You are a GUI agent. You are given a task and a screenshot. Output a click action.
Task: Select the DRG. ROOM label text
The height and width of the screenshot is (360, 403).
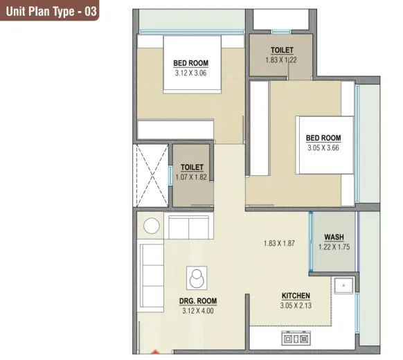(197, 301)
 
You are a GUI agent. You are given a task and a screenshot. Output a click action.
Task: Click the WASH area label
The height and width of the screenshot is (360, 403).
(333, 237)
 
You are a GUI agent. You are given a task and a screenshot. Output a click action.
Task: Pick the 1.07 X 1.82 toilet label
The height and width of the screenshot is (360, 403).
(192, 177)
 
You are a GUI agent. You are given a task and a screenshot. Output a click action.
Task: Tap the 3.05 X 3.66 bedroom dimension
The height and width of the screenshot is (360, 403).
(323, 147)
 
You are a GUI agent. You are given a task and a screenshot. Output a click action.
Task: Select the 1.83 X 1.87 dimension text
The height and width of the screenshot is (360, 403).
(280, 243)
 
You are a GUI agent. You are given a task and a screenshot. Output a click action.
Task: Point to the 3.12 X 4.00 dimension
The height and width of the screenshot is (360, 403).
(197, 310)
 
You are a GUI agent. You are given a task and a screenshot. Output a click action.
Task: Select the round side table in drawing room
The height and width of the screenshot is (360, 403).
(152, 226)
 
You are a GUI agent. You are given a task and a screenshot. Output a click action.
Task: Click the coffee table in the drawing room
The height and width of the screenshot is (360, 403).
(197, 278)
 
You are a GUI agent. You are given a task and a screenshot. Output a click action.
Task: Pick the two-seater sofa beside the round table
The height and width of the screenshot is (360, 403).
(188, 226)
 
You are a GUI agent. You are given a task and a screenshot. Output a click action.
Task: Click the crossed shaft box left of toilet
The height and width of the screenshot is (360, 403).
(151, 175)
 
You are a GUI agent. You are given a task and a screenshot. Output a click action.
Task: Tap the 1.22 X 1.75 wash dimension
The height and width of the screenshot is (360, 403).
(333, 246)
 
